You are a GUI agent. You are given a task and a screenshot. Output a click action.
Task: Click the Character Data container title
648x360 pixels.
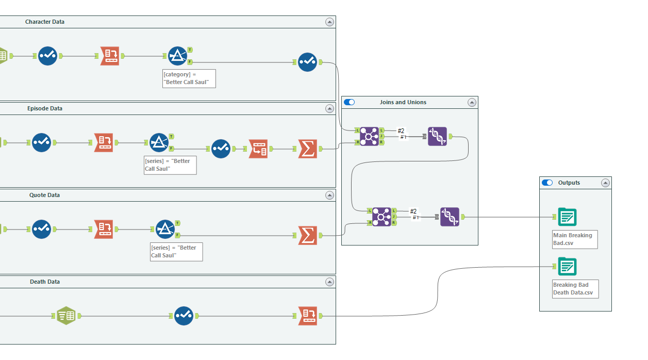[x=45, y=22]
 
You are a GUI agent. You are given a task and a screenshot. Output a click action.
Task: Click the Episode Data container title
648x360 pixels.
[x=45, y=108]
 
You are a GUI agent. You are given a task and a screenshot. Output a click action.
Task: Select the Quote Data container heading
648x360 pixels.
[x=45, y=195]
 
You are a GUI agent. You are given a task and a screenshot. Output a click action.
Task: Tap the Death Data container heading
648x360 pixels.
[x=45, y=282]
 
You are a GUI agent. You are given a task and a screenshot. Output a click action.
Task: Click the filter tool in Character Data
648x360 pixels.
[x=178, y=56]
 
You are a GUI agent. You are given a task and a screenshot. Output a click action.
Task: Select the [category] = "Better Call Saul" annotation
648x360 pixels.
[x=189, y=78]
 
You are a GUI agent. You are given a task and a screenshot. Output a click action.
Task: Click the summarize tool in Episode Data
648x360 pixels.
[x=308, y=149]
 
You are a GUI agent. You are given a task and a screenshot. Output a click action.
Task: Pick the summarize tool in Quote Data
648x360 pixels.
[x=308, y=235]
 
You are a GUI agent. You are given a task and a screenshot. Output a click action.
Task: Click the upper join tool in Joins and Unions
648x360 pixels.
[x=369, y=136]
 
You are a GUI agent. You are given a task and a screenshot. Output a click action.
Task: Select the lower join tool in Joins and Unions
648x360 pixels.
[x=381, y=217]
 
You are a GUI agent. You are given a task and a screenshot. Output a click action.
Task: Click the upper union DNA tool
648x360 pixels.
[x=437, y=136]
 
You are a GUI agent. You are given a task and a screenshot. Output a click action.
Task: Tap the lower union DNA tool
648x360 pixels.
[x=450, y=217]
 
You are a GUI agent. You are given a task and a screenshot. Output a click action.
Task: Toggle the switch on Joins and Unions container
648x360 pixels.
[x=350, y=102]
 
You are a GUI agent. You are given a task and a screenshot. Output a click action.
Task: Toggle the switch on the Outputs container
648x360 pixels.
[x=547, y=183]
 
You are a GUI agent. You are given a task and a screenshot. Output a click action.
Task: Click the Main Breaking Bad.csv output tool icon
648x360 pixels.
[x=567, y=217]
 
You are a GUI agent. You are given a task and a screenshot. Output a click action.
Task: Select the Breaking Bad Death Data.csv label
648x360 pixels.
[x=575, y=289]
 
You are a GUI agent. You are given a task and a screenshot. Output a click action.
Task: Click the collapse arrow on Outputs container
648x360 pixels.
[x=605, y=183]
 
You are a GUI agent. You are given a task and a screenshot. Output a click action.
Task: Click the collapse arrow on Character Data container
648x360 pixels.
[x=329, y=22]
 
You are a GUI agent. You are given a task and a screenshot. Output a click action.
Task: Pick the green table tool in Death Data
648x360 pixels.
[x=66, y=316]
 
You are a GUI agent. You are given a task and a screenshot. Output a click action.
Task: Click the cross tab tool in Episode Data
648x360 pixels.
[x=258, y=149]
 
